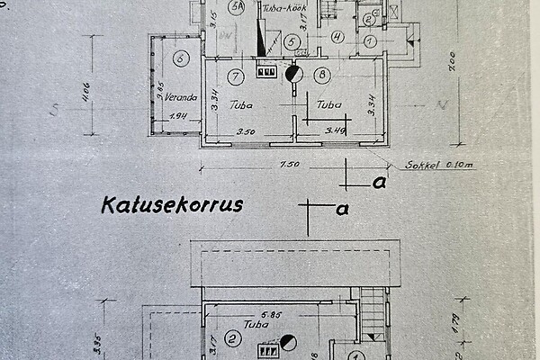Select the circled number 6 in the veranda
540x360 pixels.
181,59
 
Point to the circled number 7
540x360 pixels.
236,75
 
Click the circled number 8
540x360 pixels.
321,75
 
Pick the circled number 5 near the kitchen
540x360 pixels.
290,41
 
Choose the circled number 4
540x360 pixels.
337,37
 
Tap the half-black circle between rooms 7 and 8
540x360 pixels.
293,75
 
